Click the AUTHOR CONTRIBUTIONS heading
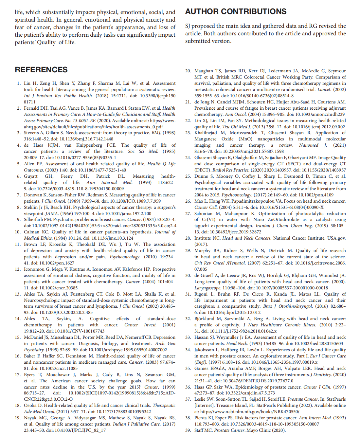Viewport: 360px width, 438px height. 236,11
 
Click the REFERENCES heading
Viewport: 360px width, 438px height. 41,70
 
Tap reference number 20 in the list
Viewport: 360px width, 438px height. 188,71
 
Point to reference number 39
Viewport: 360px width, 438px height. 188,430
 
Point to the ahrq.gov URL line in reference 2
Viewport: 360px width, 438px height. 93,127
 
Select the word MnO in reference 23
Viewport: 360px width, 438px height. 244,139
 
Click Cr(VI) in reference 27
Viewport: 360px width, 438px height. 208,220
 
